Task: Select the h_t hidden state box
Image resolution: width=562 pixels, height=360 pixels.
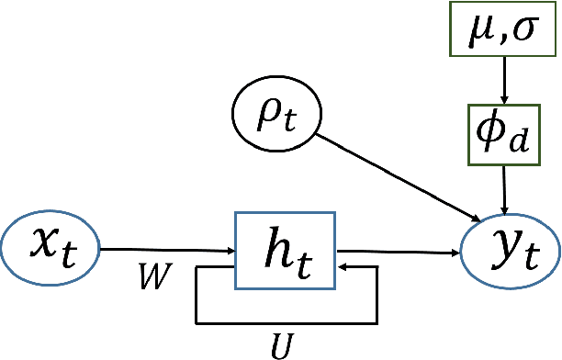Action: click(285, 249)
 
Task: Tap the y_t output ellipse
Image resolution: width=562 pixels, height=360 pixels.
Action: click(510, 248)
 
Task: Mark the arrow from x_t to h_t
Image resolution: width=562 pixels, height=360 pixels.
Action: click(165, 249)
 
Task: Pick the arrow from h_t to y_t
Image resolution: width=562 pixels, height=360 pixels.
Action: click(399, 249)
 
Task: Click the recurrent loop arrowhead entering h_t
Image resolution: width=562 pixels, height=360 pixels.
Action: click(344, 267)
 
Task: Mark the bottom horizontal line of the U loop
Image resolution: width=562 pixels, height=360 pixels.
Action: click(285, 323)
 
